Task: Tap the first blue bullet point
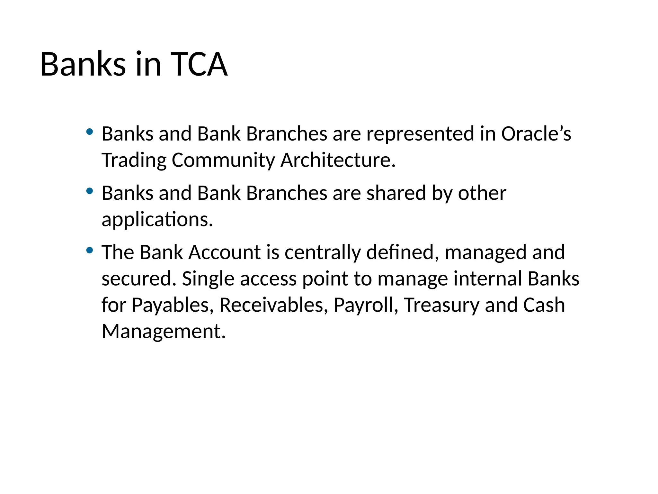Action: point(90,132)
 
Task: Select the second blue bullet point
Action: point(90,191)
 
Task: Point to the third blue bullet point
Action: point(90,250)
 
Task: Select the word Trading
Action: point(134,160)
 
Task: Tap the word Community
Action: point(223,160)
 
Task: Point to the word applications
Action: point(157,220)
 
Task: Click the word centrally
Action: point(322,252)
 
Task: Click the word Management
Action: point(163,331)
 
